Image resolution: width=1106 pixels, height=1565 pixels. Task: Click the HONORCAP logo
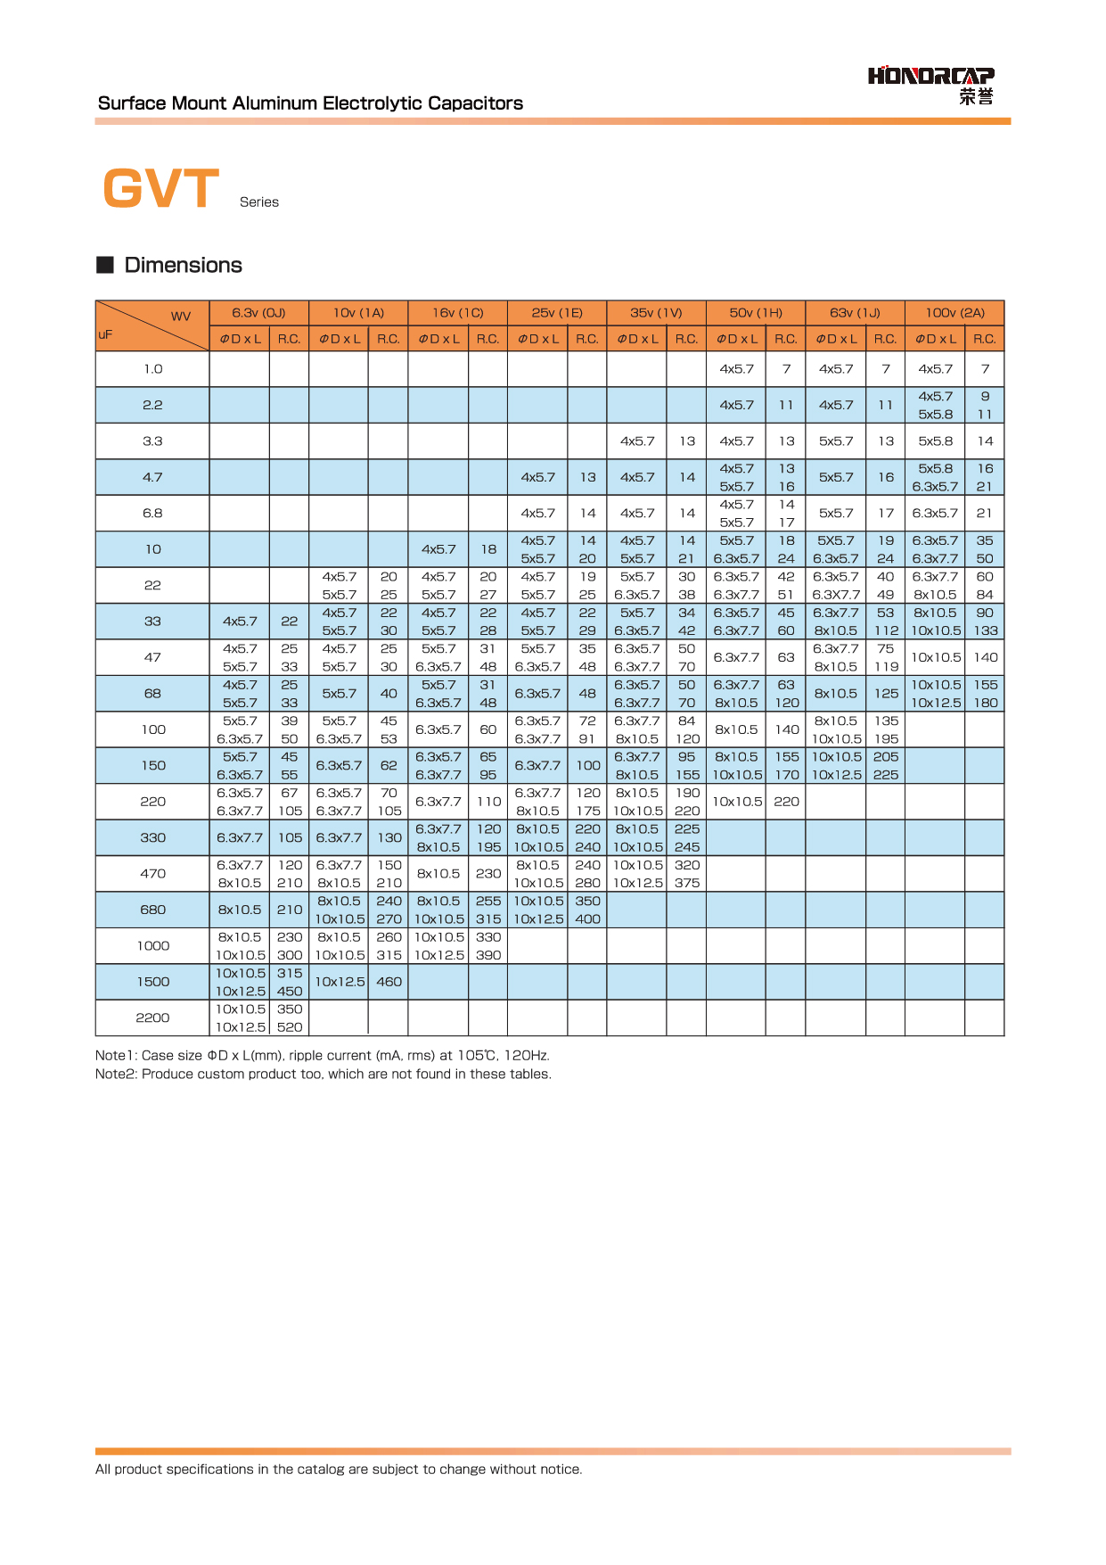coord(931,85)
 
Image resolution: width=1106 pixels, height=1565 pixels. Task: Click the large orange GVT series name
coord(161,189)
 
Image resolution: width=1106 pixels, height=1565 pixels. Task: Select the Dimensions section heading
coord(183,265)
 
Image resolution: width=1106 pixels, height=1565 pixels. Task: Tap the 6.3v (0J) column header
coord(258,313)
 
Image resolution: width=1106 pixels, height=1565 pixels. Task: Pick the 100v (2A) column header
coord(954,313)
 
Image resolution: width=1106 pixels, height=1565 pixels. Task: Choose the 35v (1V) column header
coord(656,313)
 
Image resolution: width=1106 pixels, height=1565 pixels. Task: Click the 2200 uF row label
coord(152,1017)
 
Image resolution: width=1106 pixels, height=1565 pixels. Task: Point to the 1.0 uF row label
coord(153,369)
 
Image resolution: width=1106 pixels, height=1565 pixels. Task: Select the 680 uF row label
coord(153,910)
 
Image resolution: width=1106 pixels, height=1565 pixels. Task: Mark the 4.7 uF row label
coord(153,477)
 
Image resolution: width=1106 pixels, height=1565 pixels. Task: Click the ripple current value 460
coord(389,982)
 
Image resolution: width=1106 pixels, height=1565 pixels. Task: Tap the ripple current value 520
coord(290,1027)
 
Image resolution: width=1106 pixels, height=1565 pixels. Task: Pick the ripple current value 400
coord(587,919)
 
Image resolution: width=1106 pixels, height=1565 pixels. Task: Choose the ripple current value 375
coord(687,883)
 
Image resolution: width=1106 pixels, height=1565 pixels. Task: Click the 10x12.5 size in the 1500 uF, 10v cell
coord(340,982)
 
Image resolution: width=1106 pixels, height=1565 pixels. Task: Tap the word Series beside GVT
coord(259,202)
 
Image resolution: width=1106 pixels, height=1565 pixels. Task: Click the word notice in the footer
coord(560,1470)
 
